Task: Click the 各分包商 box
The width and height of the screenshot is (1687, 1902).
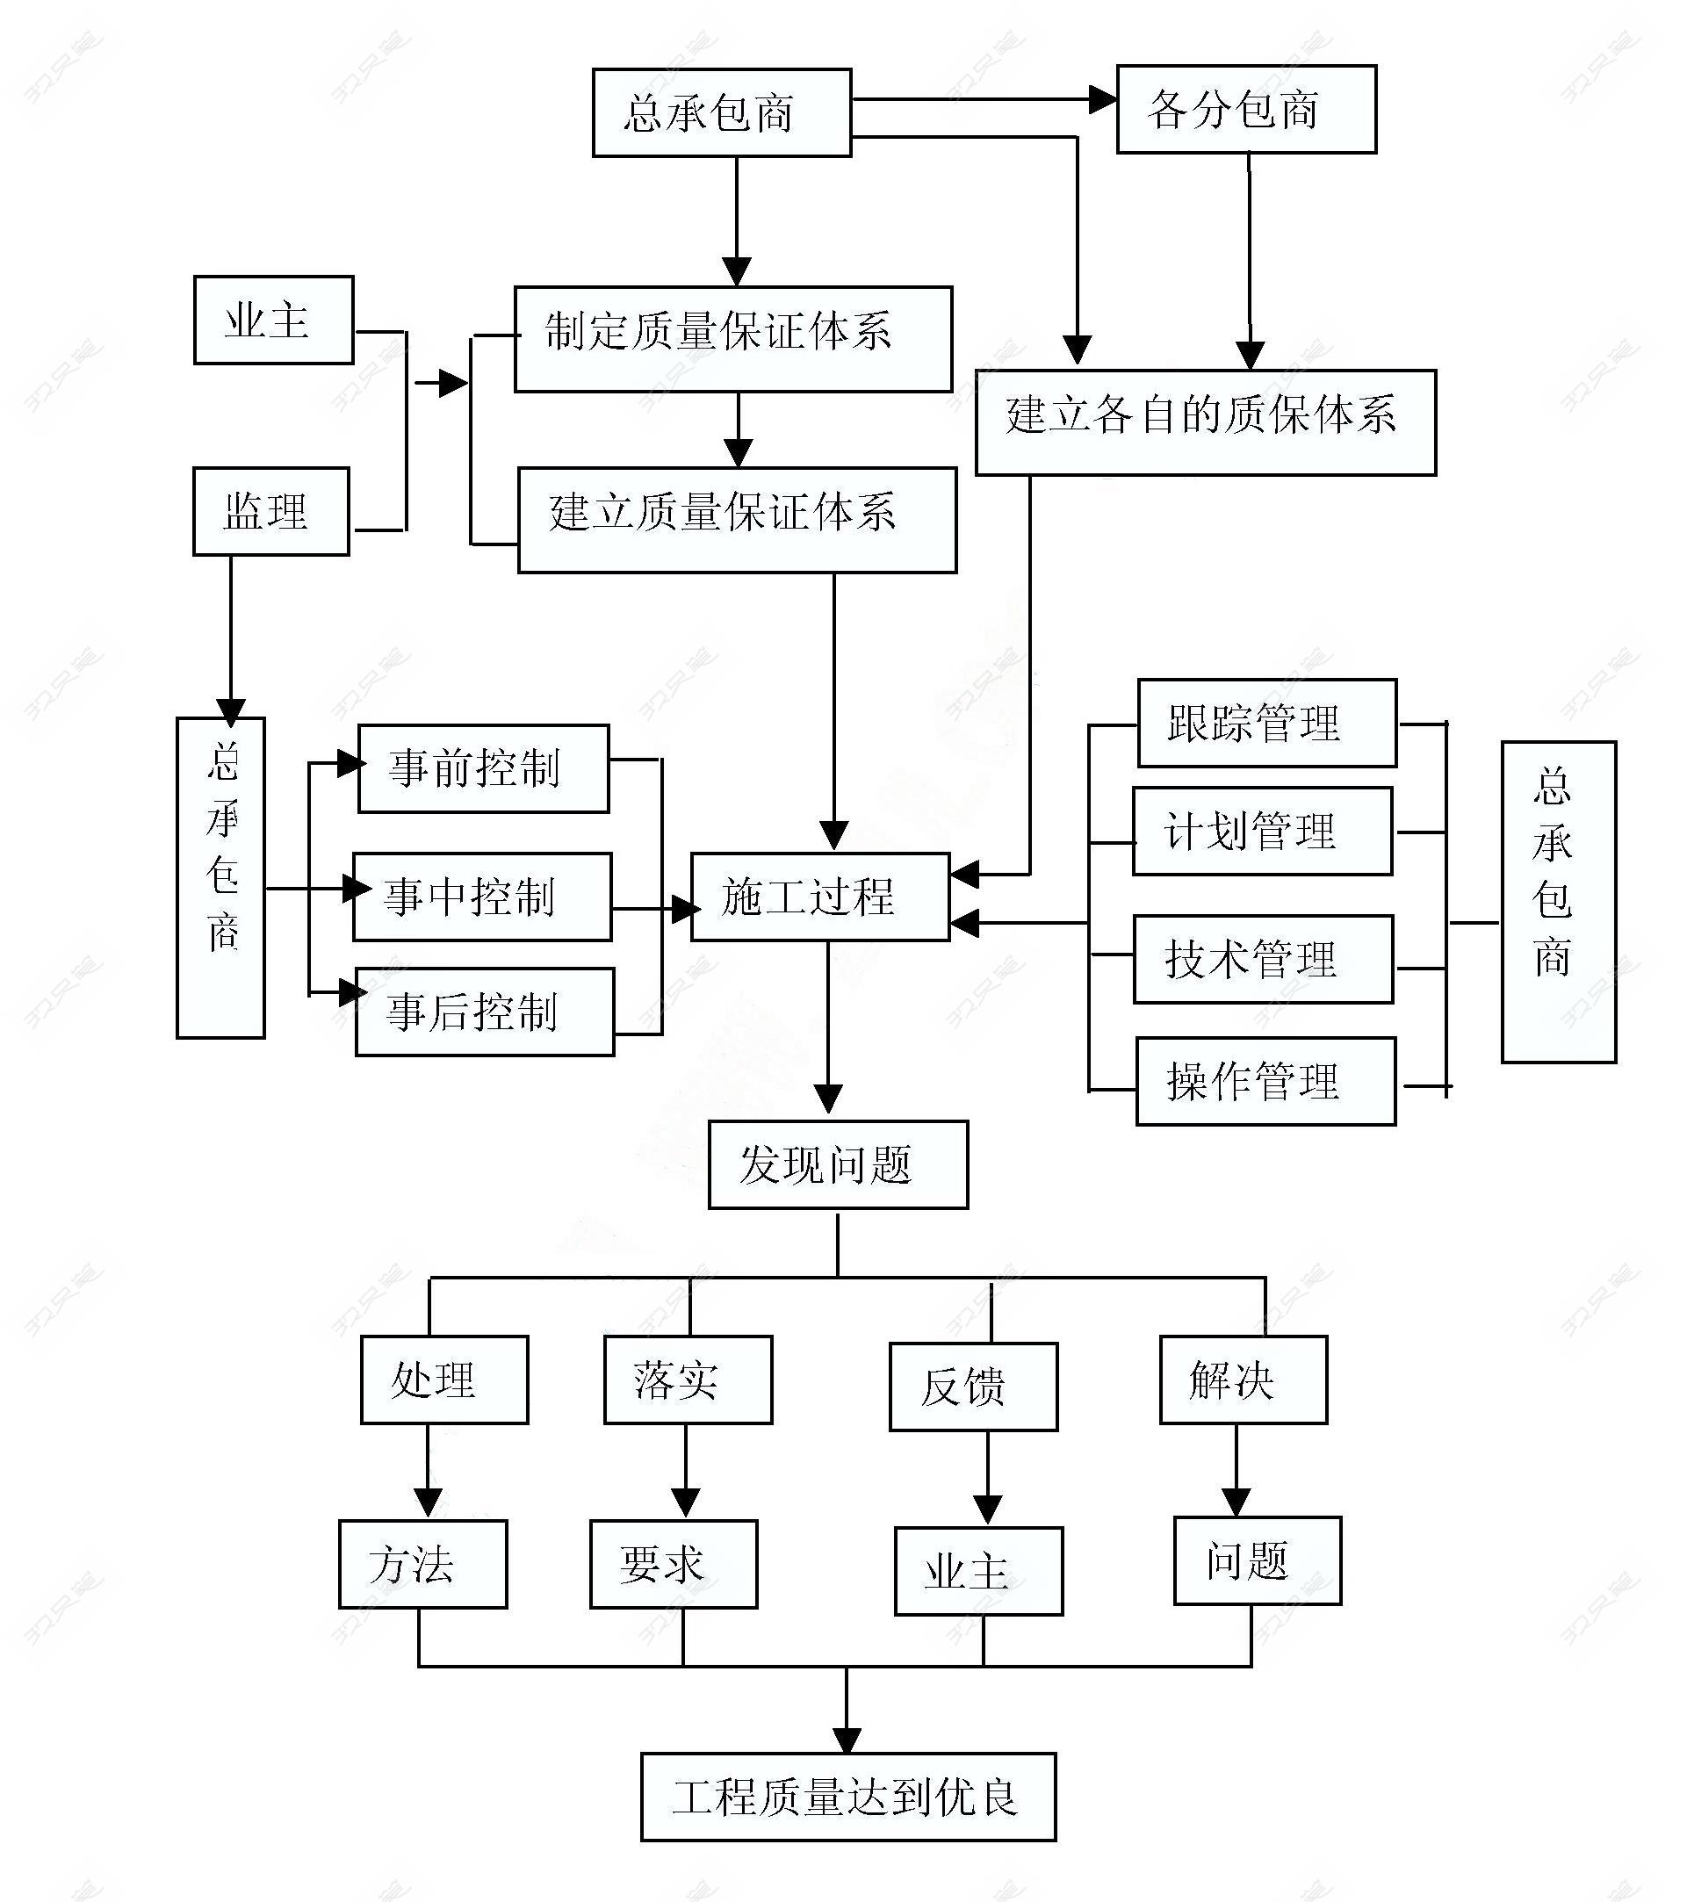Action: pyautogui.click(x=1246, y=109)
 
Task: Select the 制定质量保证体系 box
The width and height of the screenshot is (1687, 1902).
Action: pyautogui.click(x=733, y=339)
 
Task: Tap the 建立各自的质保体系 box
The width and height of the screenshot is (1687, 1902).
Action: pyautogui.click(x=1205, y=422)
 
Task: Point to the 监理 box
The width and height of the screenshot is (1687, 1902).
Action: pyautogui.click(x=270, y=512)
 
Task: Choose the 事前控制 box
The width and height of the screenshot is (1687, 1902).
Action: pyautogui.click(x=484, y=768)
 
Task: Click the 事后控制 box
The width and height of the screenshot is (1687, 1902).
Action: pyautogui.click(x=485, y=1012)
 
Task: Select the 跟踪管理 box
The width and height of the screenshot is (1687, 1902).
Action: pyautogui.click(x=1266, y=723)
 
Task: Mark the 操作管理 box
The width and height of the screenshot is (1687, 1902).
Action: pyautogui.click(x=1265, y=1081)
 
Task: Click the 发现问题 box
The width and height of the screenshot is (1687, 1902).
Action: pyautogui.click(x=838, y=1165)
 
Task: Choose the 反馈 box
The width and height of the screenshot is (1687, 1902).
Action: pyautogui.click(x=973, y=1387)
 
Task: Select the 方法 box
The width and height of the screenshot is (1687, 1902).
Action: pyautogui.click(x=422, y=1564)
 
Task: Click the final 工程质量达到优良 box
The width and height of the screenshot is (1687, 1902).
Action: pyautogui.click(x=847, y=1797)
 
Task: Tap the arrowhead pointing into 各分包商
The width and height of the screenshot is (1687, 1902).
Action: pyautogui.click(x=1103, y=99)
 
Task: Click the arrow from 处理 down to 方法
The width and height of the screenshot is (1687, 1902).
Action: pyautogui.click(x=428, y=1471)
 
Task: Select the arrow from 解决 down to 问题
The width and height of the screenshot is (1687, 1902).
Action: pyautogui.click(x=1236, y=1469)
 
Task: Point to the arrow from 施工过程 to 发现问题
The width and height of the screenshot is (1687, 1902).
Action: pyautogui.click(x=828, y=1028)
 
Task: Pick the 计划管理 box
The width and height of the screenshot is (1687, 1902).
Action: pyautogui.click(x=1262, y=831)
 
